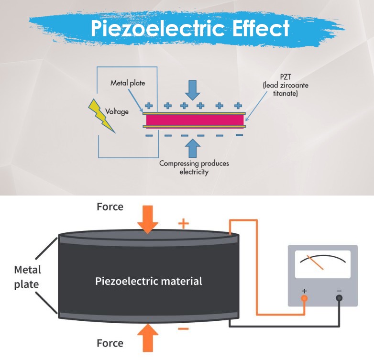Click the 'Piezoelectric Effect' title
point(190,29)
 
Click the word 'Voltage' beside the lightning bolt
point(117,111)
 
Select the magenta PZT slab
point(195,120)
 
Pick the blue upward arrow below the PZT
point(192,148)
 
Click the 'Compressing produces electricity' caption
point(194,167)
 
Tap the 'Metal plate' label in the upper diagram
point(128,83)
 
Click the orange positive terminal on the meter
point(304,298)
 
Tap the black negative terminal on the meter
point(339,298)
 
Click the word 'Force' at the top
point(110,207)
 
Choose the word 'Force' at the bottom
point(110,343)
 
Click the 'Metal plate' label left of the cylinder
point(27,277)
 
